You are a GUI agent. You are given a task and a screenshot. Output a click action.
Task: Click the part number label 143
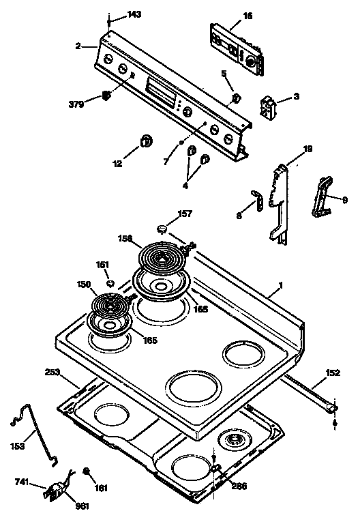point(134,15)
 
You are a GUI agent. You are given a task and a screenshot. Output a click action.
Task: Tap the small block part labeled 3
point(269,106)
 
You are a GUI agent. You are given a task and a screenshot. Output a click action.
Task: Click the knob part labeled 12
point(146,141)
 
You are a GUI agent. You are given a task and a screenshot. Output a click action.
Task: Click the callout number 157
point(185,214)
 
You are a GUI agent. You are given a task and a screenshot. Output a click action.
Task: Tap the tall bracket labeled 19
point(280,201)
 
